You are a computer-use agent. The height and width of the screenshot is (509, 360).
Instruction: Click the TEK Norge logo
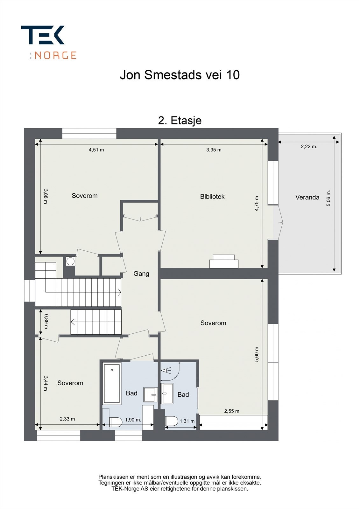49,42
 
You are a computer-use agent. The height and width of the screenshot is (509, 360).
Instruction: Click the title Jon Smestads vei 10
180,75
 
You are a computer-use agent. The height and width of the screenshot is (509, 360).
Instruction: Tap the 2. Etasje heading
180,121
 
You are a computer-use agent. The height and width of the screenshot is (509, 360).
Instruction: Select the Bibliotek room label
212,197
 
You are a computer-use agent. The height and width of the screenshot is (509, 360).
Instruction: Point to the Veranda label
307,197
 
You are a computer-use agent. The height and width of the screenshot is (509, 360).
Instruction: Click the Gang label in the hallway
141,274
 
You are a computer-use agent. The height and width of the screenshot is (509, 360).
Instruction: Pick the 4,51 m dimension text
96,150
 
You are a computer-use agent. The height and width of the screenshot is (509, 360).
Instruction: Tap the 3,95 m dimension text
214,150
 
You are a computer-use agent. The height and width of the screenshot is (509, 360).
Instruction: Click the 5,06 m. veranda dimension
328,198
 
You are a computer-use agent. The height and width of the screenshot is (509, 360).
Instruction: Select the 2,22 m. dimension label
309,147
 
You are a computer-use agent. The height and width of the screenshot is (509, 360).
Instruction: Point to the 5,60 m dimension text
257,354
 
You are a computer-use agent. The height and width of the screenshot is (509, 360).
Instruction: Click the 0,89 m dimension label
46,321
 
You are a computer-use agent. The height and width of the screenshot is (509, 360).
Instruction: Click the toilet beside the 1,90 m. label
116,422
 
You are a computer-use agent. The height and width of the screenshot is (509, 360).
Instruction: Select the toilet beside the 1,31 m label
172,421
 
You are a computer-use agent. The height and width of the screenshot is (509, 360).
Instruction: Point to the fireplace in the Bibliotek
224,261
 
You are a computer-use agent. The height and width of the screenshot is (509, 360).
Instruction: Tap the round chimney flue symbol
70,261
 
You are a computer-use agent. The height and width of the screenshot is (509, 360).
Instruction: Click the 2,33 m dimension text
67,419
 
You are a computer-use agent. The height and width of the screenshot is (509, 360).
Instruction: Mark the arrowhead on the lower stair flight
73,322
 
